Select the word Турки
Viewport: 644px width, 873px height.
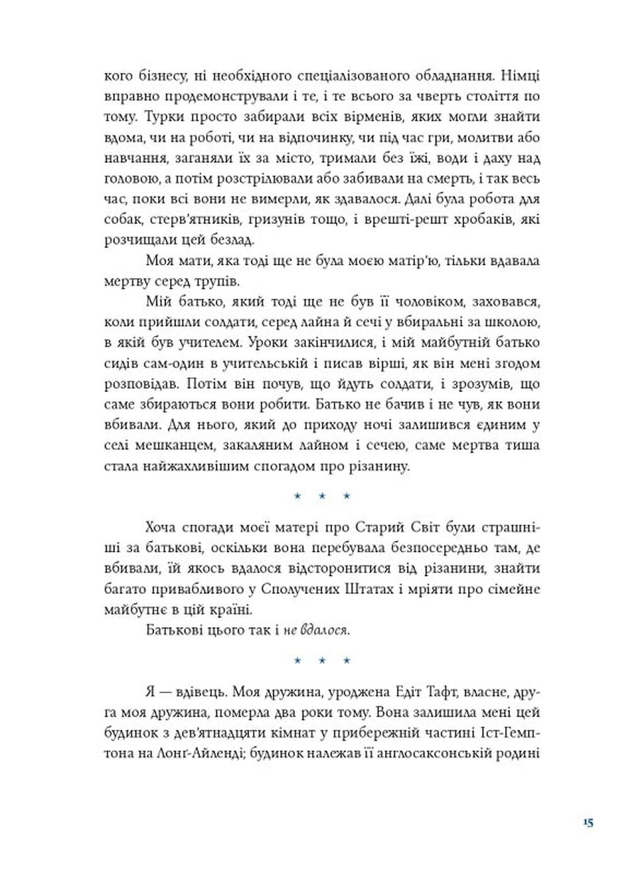tap(166, 117)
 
